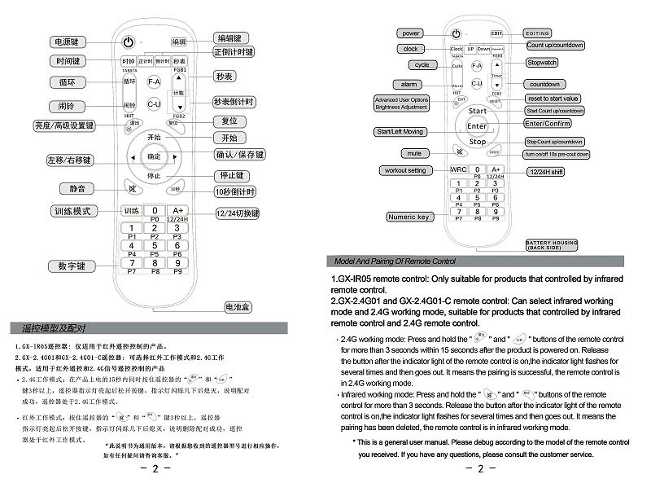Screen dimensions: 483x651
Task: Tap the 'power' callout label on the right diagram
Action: pyautogui.click(x=411, y=33)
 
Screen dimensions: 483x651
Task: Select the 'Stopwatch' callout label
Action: pyautogui.click(x=542, y=63)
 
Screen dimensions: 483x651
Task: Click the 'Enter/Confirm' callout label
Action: pyautogui.click(x=548, y=123)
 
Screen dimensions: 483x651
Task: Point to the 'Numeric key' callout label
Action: pyautogui.click(x=409, y=217)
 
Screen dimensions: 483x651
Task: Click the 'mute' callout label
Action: pyautogui.click(x=414, y=153)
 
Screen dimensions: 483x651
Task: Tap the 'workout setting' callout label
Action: pyautogui.click(x=405, y=170)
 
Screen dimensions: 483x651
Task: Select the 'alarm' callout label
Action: pyautogui.click(x=408, y=84)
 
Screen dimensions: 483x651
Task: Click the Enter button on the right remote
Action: pyautogui.click(x=477, y=126)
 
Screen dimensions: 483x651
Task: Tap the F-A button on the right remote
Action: pyautogui.click(x=477, y=65)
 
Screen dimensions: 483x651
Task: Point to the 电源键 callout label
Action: pyautogui.click(x=67, y=42)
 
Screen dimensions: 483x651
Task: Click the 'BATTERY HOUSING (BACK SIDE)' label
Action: pyautogui.click(x=552, y=244)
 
